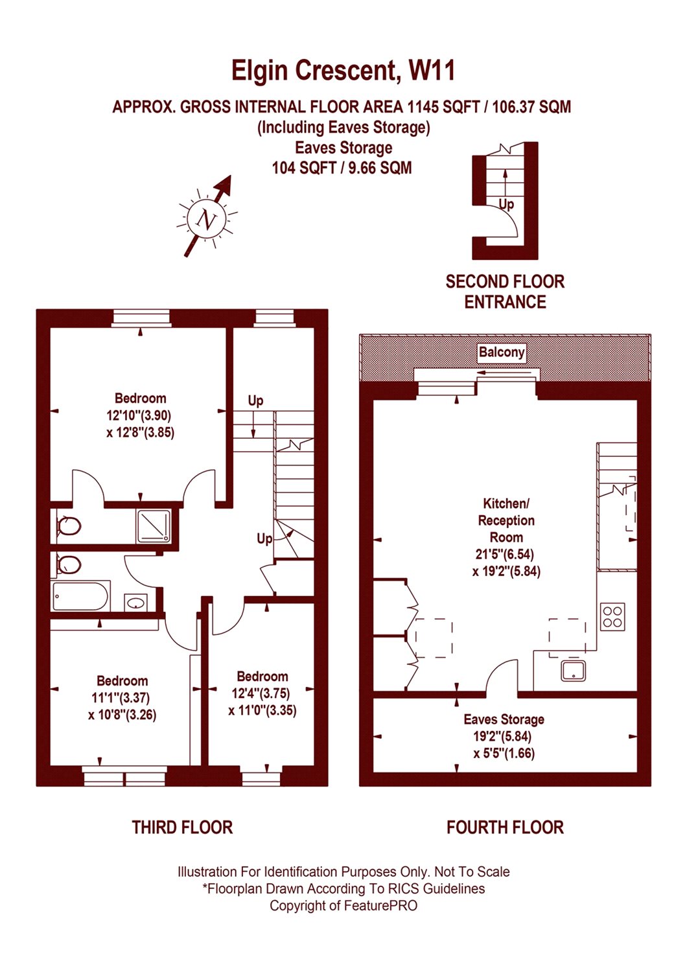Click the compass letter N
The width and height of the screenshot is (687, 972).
[205, 220]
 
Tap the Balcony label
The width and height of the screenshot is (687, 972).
[501, 352]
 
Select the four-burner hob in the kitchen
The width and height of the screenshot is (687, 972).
[612, 617]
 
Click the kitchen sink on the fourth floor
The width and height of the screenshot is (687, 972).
[573, 671]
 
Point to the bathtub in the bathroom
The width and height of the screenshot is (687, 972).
[80, 596]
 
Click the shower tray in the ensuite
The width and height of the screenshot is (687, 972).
[154, 527]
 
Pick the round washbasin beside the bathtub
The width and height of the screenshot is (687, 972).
[135, 602]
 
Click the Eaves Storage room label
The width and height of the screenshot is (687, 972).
[504, 719]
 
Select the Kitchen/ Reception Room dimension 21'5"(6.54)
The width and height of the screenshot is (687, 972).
[504, 554]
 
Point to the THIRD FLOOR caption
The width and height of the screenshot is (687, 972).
[182, 827]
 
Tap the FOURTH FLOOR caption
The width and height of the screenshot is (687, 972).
[505, 827]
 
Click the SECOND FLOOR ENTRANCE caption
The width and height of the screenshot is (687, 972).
[505, 292]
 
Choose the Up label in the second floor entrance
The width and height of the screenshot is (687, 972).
[506, 204]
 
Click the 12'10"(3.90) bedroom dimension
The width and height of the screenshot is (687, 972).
[139, 415]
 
